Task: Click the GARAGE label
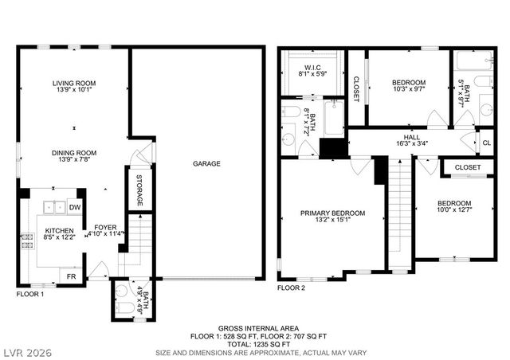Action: pyautogui.click(x=206, y=163)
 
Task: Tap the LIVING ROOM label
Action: pyautogui.click(x=74, y=83)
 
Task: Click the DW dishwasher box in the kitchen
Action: pyautogui.click(x=75, y=207)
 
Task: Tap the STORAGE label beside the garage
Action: pyautogui.click(x=139, y=190)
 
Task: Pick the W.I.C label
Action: pyautogui.click(x=310, y=65)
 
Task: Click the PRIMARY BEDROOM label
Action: pyautogui.click(x=332, y=213)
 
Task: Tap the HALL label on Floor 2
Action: pyautogui.click(x=411, y=137)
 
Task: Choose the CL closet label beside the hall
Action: pyautogui.click(x=486, y=143)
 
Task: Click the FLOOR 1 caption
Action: pyautogui.click(x=30, y=294)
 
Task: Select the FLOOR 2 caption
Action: pyautogui.click(x=292, y=288)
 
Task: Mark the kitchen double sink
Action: pyautogui.click(x=55, y=207)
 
